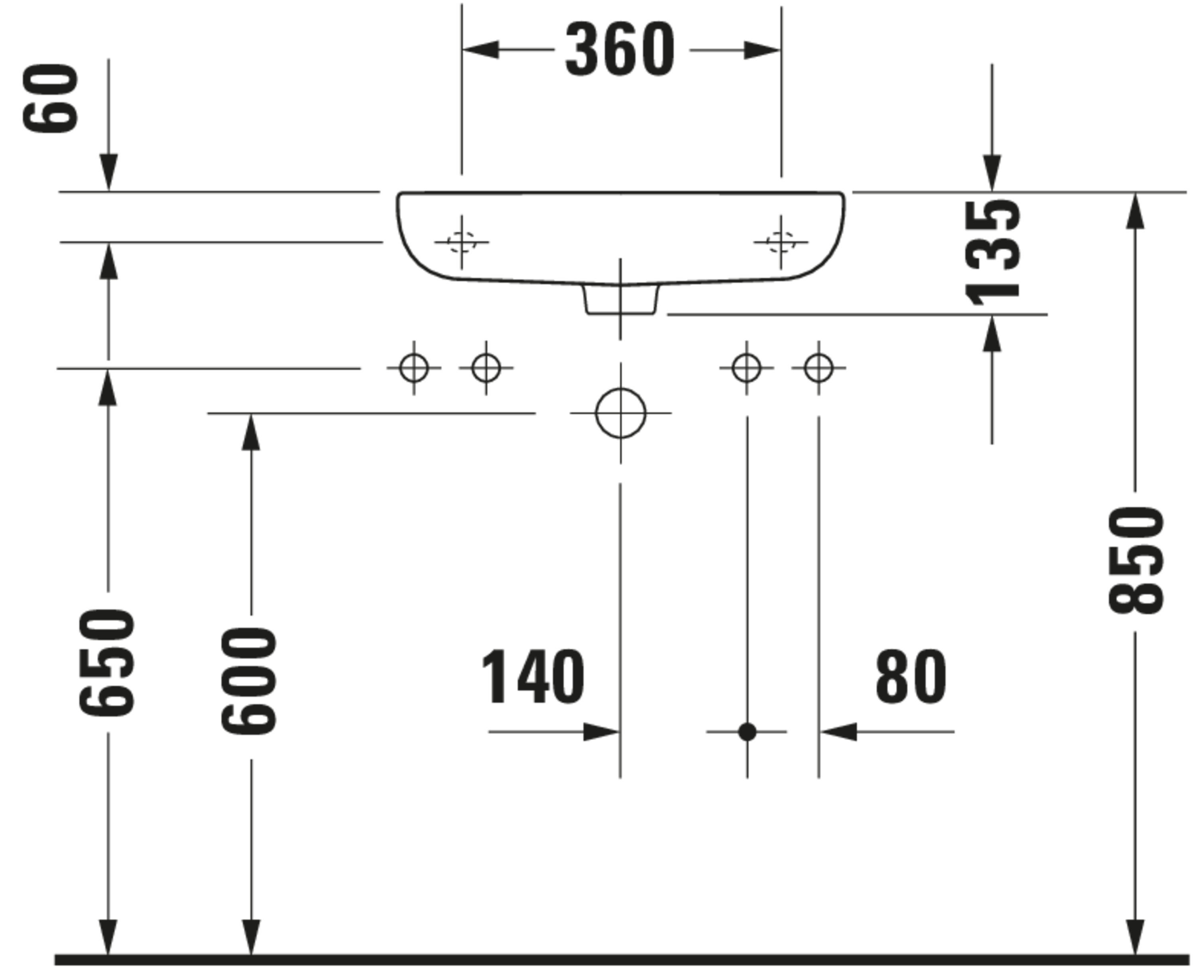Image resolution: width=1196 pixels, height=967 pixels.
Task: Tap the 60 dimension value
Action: click(50, 98)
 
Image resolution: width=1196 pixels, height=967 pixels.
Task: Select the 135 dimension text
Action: click(993, 254)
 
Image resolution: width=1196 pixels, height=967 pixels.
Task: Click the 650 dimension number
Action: click(106, 663)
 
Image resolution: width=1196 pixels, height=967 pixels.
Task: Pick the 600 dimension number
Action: click(249, 681)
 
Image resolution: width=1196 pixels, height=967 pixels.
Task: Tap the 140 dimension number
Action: click(533, 677)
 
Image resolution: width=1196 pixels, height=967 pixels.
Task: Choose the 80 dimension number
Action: click(911, 677)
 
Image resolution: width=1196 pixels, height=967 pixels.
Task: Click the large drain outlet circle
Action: click(621, 413)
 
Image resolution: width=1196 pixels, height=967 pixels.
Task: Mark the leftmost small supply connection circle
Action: click(414, 368)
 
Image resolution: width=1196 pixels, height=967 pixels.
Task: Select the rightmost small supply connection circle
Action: click(818, 368)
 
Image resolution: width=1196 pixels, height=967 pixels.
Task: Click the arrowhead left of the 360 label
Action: click(480, 49)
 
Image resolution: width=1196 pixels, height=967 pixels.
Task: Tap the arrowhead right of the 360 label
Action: click(762, 50)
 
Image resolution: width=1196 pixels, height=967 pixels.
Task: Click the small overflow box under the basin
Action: click(621, 300)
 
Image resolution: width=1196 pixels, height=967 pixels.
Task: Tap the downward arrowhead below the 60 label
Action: click(108, 173)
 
